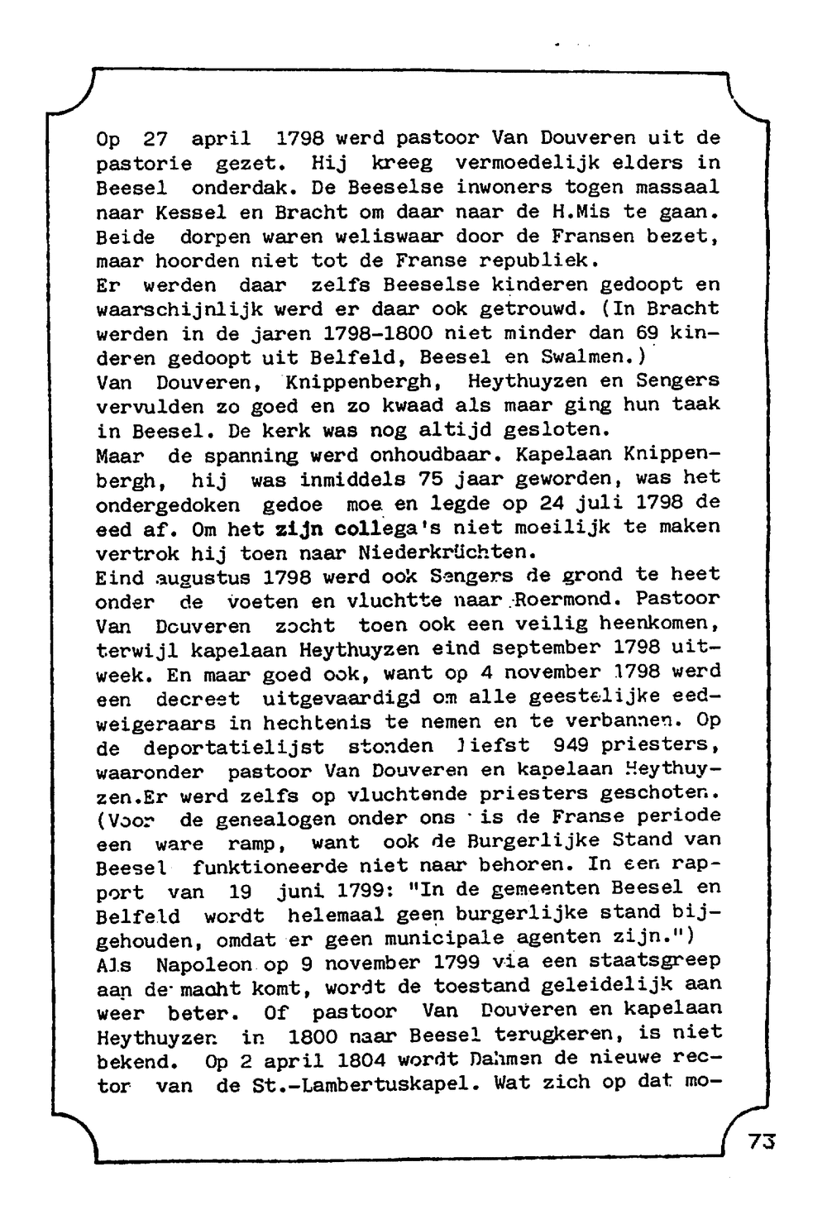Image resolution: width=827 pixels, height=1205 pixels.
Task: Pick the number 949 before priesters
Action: [571, 744]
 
